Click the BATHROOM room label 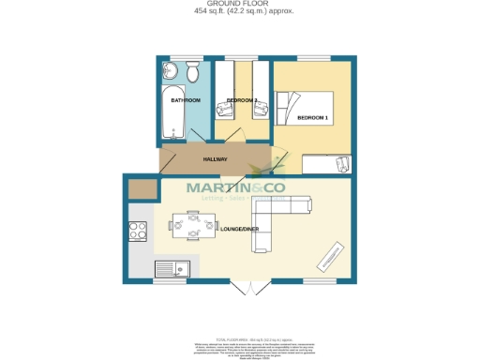185,99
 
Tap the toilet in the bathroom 191,70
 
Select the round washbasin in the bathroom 169,70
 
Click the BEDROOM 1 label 312,118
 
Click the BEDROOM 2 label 242,99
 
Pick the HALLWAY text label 217,158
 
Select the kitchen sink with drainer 172,269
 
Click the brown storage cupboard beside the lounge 142,190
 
